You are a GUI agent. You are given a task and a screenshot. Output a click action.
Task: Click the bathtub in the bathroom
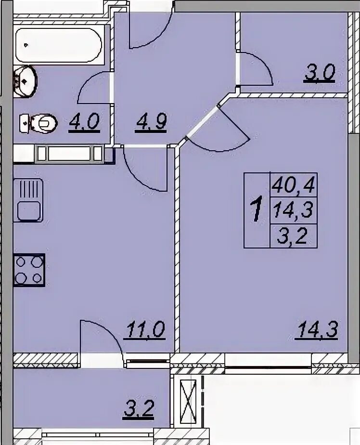58,45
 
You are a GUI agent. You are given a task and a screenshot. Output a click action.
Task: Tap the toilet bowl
39,123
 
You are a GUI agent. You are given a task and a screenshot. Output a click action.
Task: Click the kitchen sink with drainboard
28,200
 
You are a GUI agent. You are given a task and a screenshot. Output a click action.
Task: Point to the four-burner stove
29,270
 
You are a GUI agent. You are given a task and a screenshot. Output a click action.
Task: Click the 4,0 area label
84,122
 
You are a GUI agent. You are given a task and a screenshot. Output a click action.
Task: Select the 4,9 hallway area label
151,122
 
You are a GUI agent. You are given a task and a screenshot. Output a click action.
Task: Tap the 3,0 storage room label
320,73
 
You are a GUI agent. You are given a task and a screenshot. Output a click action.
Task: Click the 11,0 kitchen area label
145,329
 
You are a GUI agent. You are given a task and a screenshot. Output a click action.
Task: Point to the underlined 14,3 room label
317,329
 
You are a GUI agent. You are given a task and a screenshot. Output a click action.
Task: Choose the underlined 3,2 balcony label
139,409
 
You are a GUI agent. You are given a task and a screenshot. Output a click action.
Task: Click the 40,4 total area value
293,185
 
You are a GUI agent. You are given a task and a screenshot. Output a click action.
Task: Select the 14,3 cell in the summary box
293,210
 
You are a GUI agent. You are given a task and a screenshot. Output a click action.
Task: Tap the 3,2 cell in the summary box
293,236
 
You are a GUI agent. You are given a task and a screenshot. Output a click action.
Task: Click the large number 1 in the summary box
257,210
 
